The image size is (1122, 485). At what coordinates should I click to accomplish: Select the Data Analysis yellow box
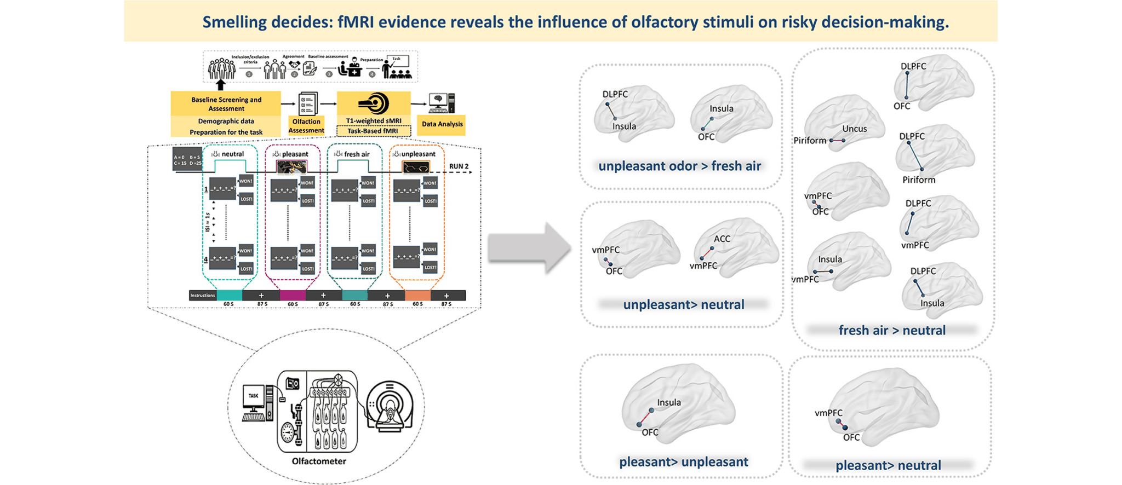[x=442, y=124]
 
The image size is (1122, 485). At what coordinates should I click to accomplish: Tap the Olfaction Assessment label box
[x=306, y=126]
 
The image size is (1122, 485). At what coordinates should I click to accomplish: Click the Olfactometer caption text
[x=319, y=461]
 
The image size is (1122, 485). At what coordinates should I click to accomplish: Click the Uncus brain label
[x=855, y=129]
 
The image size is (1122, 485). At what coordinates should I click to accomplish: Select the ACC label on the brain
[x=722, y=239]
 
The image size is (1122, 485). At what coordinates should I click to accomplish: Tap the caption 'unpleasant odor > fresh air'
[x=679, y=166]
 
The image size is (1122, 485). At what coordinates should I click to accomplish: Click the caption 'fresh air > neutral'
[x=892, y=330]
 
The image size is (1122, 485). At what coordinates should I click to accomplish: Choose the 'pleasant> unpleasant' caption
[x=683, y=461]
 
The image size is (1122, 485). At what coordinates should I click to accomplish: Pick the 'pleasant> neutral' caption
[x=888, y=465]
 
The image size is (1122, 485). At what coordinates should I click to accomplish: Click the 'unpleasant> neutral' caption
[x=683, y=304]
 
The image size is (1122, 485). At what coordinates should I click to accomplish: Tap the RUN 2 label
[x=459, y=166]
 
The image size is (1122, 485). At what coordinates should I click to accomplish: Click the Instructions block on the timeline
[x=203, y=296]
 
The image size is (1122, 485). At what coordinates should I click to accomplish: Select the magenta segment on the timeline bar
[x=293, y=296]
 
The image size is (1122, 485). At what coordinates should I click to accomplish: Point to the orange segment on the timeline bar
[x=417, y=296]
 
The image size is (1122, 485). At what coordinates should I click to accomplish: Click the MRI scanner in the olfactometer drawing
[x=390, y=405]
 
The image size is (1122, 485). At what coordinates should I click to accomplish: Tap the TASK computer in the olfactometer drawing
[x=255, y=402]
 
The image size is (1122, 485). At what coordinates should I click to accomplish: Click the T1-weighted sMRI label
[x=374, y=120]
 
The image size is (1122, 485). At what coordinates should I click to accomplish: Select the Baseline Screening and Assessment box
[x=226, y=104]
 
